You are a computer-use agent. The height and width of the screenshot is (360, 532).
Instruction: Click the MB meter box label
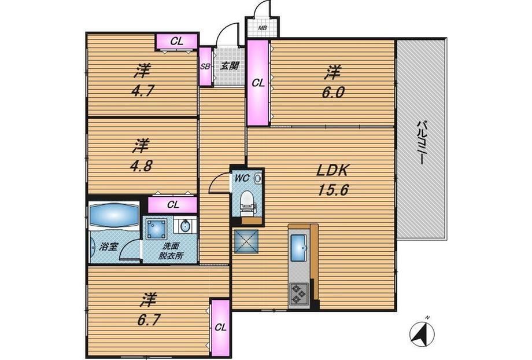[x=262, y=28]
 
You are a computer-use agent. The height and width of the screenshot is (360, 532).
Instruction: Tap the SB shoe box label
[x=205, y=67]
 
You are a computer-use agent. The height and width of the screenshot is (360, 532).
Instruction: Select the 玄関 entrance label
[x=229, y=65]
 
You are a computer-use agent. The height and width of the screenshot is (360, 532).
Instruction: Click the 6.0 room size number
[x=333, y=92]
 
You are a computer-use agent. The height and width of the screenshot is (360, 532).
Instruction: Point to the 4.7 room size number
[x=142, y=91]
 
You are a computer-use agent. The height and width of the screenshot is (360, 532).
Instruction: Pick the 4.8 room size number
[x=141, y=166]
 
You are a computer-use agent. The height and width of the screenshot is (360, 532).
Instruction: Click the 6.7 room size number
[x=149, y=320]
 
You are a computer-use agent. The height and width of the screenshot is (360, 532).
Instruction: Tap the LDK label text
[x=332, y=171]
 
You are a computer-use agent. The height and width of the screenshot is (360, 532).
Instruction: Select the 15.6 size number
[x=333, y=190]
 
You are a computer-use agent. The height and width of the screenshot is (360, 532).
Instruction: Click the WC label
[x=242, y=178]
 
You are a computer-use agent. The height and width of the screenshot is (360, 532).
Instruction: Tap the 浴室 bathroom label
[x=108, y=247]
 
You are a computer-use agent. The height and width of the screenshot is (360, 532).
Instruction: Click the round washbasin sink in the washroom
[x=185, y=226]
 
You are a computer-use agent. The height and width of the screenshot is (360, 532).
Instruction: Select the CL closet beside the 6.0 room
[x=258, y=83]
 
